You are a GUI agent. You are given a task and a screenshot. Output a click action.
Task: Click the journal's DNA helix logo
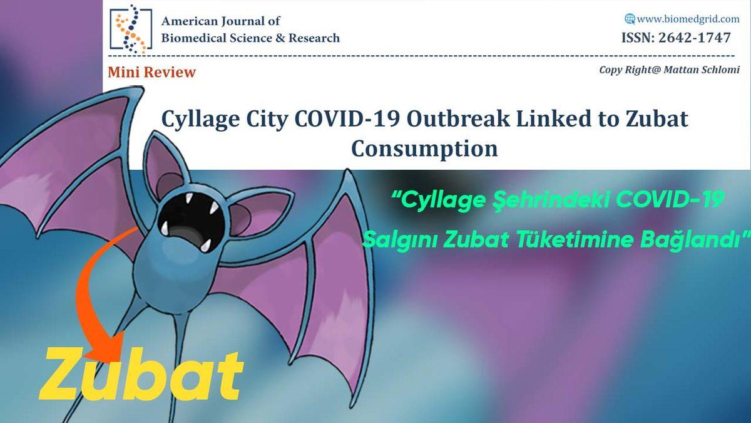pos(131,29)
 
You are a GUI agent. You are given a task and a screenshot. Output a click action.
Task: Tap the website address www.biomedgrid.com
pos(688,19)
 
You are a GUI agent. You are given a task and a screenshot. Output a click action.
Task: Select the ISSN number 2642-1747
pos(694,38)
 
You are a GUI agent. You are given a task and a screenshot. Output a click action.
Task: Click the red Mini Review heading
pos(152,72)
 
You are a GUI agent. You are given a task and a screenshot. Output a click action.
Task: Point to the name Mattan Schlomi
pos(702,70)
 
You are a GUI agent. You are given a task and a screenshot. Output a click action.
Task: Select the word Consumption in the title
pos(424,149)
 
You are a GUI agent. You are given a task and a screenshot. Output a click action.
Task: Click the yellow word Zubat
pos(141,374)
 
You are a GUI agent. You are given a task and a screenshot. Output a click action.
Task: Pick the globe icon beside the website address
pos(630,19)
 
